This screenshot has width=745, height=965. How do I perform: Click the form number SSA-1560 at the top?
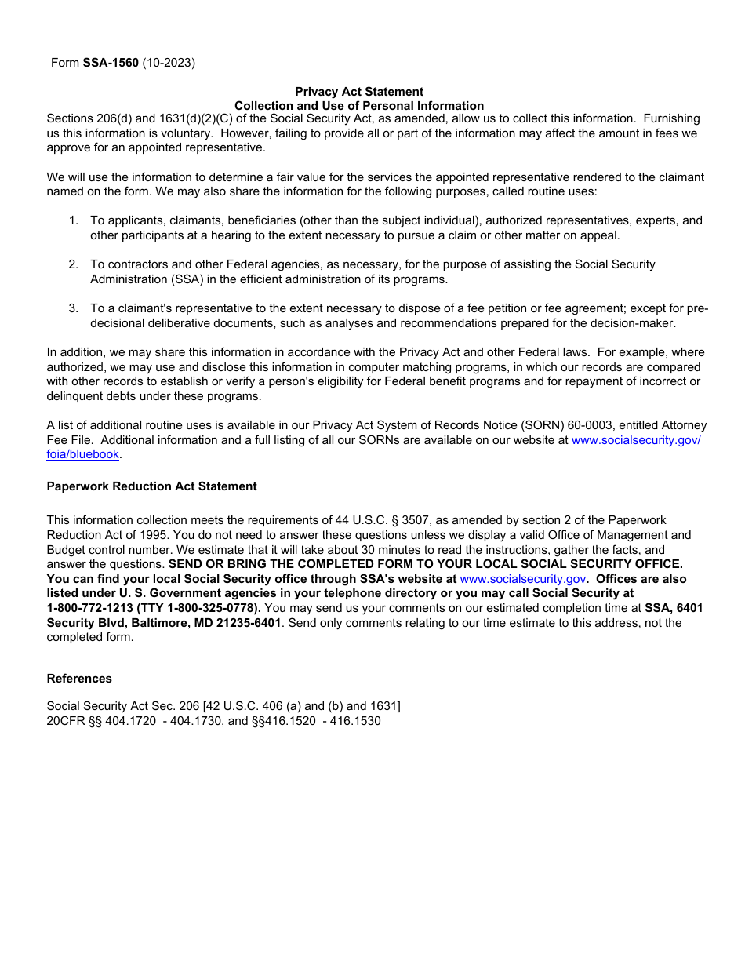coord(111,63)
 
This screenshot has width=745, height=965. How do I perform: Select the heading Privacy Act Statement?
coord(359,92)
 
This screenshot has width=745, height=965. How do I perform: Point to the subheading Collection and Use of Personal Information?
coord(359,106)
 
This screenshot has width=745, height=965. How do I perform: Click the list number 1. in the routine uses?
coord(73,220)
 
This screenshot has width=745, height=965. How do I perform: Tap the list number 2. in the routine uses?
coord(73,264)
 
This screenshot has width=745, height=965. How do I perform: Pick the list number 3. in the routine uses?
coord(73,308)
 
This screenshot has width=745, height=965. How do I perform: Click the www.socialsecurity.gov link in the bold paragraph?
coord(522,579)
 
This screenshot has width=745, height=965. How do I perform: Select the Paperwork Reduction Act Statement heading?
coord(151,486)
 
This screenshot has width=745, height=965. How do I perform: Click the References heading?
coord(79,679)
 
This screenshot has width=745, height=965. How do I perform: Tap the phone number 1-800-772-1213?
coord(89,608)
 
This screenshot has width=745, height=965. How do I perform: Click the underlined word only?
coord(331,623)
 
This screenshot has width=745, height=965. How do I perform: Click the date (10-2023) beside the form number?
coord(169,63)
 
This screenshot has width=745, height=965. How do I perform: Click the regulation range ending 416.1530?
coord(354,721)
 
